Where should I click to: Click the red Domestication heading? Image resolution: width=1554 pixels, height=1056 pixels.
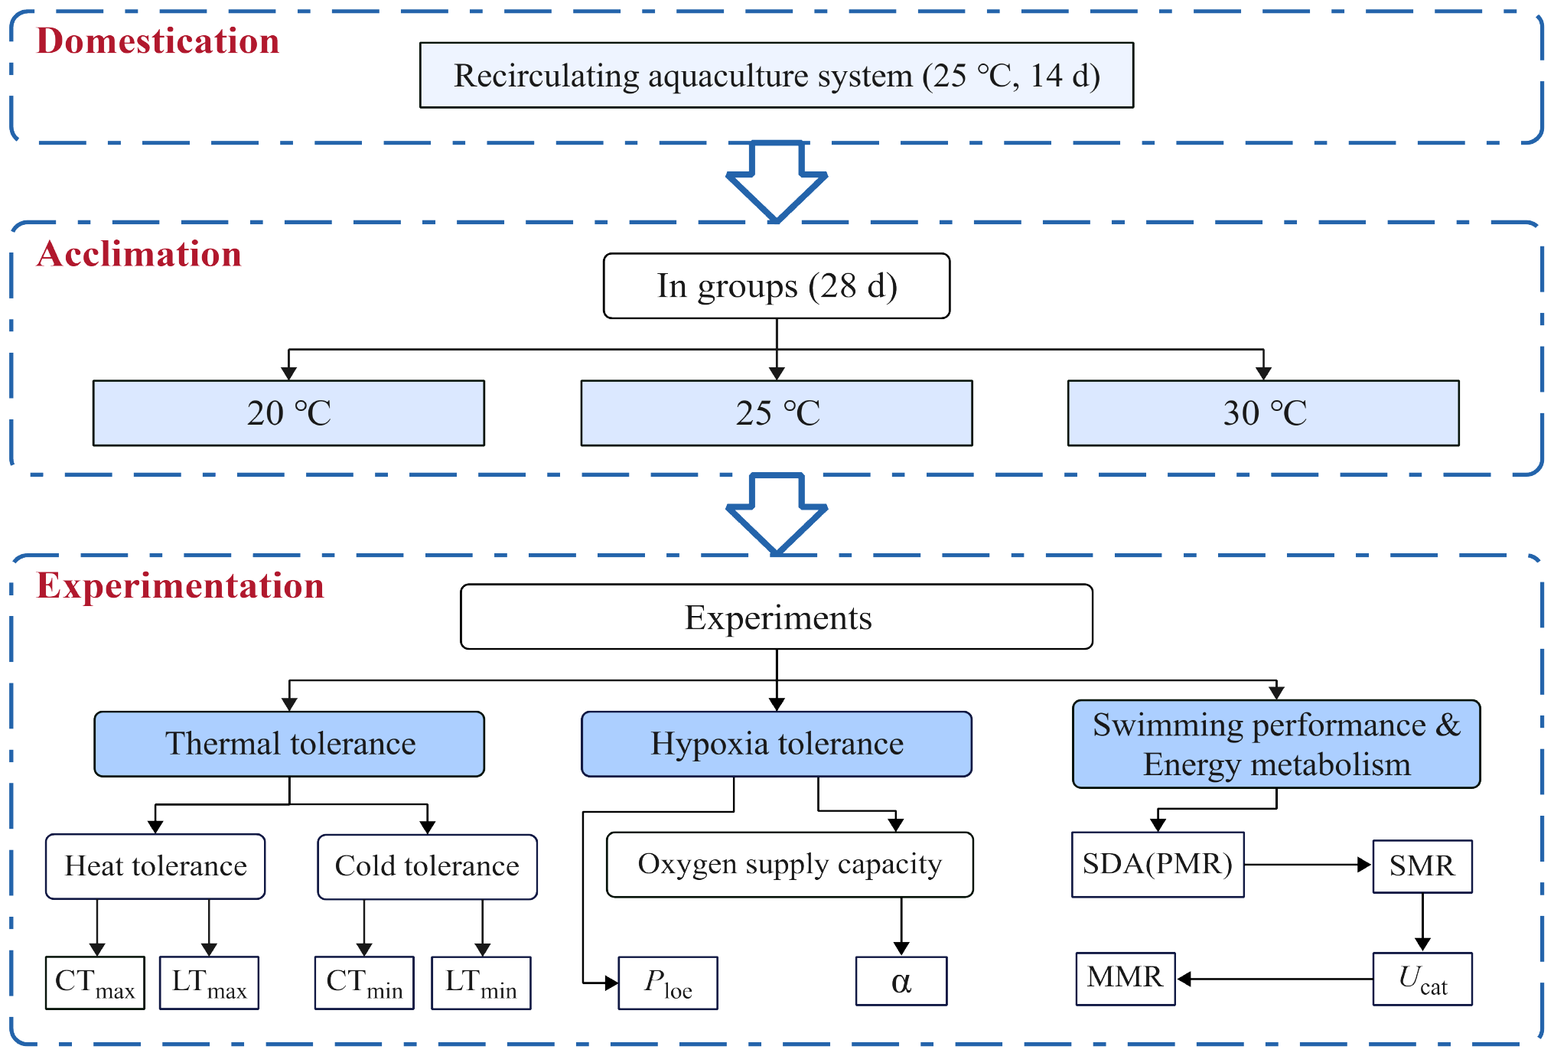tap(158, 41)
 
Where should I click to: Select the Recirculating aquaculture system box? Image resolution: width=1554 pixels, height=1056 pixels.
tap(776, 75)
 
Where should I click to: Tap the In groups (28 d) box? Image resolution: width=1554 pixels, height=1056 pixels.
tap(776, 285)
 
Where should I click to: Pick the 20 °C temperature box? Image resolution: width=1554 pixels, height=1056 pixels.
tap(288, 412)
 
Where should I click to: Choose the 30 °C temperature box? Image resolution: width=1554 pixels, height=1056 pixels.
tap(1262, 412)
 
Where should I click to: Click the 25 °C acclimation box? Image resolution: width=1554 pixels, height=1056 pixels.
tap(776, 412)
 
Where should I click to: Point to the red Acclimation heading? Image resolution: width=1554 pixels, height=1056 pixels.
tap(138, 253)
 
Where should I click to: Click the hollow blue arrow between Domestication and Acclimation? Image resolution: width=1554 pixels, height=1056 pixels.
tap(776, 184)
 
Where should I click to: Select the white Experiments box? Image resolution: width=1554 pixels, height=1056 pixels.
tap(776, 617)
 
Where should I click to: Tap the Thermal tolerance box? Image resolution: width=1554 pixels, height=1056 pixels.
tap(289, 744)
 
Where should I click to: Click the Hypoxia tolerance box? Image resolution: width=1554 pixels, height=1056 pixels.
tap(776, 744)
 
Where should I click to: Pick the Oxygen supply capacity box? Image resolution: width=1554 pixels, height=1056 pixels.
tap(789, 864)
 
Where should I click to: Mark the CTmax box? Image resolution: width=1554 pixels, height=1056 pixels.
tap(95, 983)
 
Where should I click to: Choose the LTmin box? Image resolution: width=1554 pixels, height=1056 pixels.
tap(481, 983)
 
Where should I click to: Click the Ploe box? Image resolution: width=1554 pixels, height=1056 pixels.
tap(667, 983)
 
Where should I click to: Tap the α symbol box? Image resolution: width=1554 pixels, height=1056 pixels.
tap(901, 981)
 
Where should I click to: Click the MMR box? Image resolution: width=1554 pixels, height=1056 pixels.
tap(1125, 978)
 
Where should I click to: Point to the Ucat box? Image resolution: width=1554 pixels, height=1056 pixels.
tap(1422, 979)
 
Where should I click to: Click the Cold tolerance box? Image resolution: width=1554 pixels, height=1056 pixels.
tap(427, 866)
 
